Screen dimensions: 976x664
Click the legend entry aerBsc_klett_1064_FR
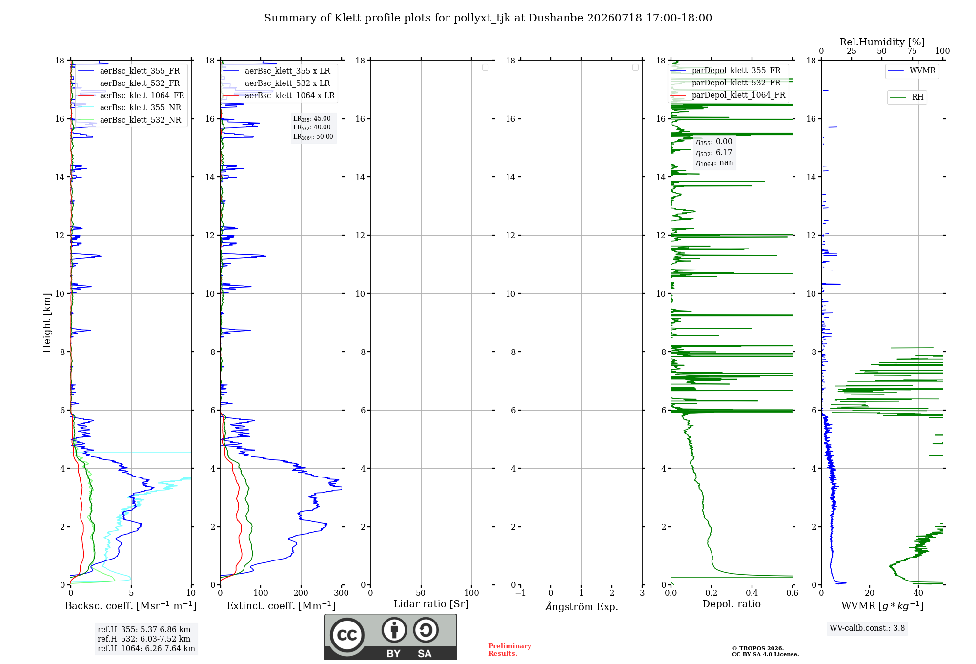pos(131,95)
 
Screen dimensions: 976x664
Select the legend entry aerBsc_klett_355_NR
pos(130,107)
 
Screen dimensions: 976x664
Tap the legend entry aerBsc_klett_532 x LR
pos(277,83)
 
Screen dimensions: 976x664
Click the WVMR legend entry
pos(912,71)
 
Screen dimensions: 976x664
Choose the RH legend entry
pos(907,97)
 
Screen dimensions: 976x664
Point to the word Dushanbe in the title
pos(556,18)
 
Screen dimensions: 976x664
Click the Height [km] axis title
pos(47,323)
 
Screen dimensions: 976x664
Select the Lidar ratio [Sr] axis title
pos(431,604)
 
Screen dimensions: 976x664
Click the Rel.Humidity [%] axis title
pos(882,42)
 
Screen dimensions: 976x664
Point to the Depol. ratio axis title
pos(732,604)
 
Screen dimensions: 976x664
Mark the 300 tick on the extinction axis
pos(342,593)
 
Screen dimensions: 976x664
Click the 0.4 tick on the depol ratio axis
pos(752,593)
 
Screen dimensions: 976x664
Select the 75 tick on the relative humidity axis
pos(912,51)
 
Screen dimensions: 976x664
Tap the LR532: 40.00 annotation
pos(312,127)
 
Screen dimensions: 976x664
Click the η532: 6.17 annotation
pos(714,152)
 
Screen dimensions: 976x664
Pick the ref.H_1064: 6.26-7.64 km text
pos(146,648)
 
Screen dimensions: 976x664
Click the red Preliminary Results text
pos(510,650)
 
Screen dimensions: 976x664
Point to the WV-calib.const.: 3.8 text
pos(867,628)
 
